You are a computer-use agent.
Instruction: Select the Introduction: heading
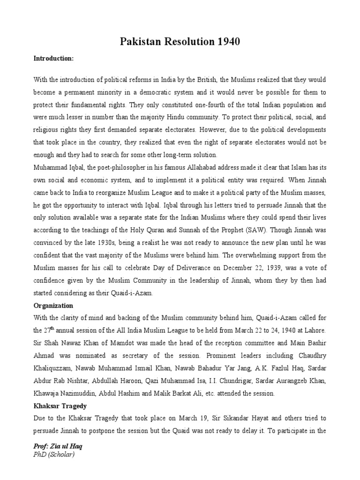[53, 59]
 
